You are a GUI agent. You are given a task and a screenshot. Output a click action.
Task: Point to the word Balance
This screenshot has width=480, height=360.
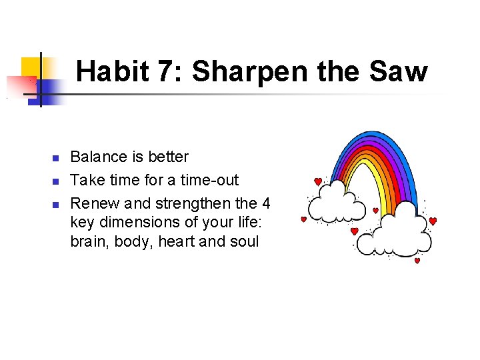[x=98, y=157]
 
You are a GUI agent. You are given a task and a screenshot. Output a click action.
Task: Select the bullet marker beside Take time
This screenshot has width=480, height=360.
[x=56, y=181]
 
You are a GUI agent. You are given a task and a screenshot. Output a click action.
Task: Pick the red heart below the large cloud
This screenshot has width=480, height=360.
[x=417, y=261]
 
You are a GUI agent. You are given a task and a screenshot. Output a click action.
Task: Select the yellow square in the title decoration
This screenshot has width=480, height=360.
[x=31, y=67]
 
